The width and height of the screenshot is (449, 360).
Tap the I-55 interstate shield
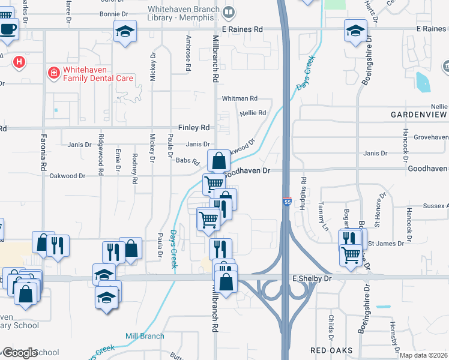[287, 202]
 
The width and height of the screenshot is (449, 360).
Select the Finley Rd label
[194, 128]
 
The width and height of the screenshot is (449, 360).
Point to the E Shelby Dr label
[312, 278]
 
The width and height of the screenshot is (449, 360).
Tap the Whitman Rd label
[239, 98]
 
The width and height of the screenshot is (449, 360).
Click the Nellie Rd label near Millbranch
[253, 113]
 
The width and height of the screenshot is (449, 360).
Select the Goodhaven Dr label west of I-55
[247, 170]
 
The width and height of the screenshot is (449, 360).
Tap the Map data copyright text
[423, 355]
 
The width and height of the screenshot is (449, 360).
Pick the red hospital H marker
[19, 62]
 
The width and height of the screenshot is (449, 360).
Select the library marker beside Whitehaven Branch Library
[228, 12]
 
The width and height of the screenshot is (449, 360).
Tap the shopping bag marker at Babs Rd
[218, 161]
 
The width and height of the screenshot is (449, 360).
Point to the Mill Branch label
[144, 336]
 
